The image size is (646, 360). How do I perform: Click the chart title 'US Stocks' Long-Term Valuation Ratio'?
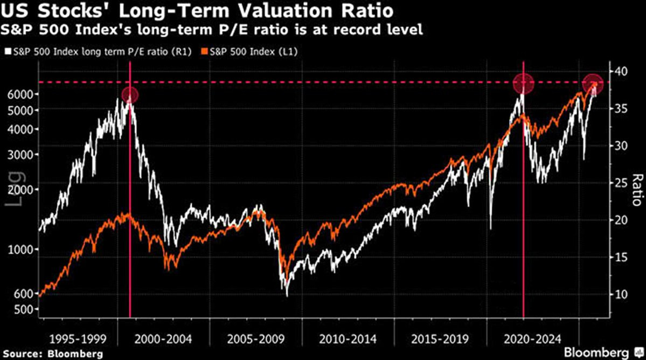pyautogui.click(x=197, y=11)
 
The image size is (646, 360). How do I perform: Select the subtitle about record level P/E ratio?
pyautogui.click(x=213, y=30)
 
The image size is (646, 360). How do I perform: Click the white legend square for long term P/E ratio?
pyautogui.click(x=6, y=52)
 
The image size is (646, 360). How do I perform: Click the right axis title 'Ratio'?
pyautogui.click(x=636, y=191)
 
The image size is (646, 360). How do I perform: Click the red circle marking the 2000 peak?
pyautogui.click(x=130, y=95)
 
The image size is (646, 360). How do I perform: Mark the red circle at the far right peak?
pyautogui.click(x=593, y=83)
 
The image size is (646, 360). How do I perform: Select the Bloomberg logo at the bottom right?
pyautogui.click(x=602, y=352)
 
